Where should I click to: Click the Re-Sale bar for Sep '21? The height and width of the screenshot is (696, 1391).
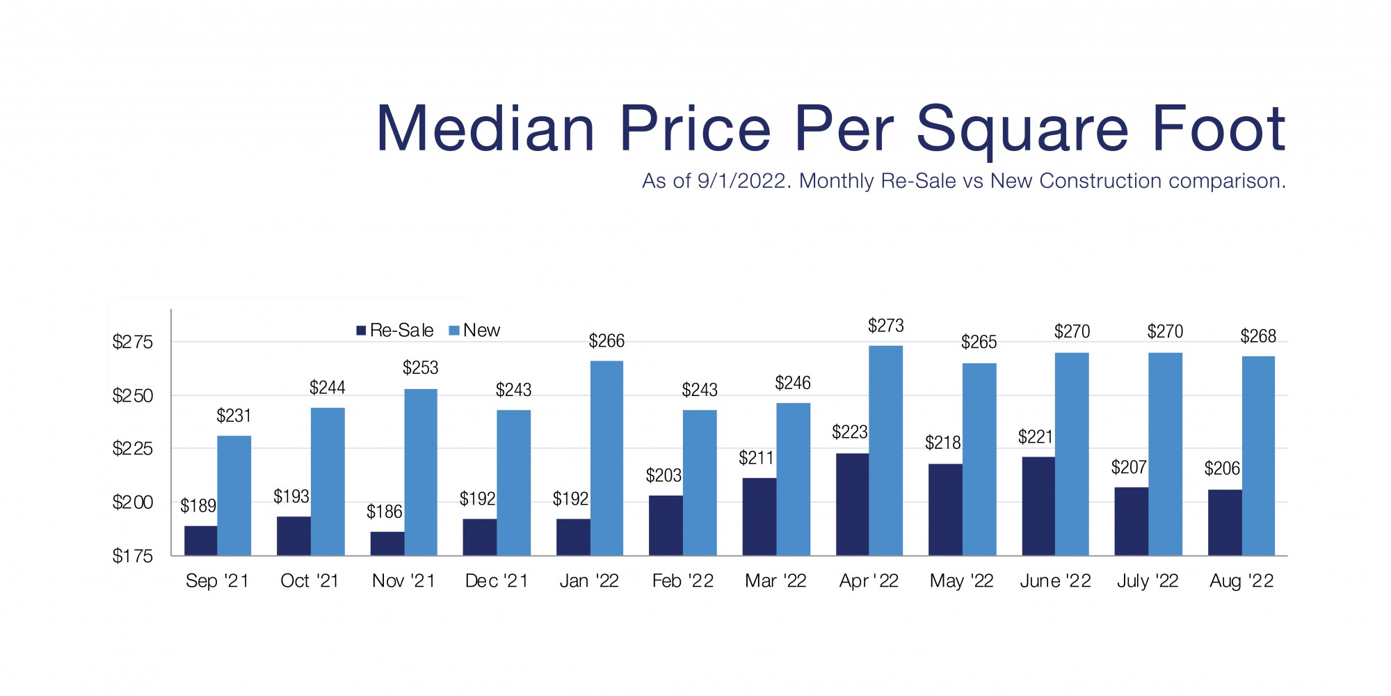point(200,541)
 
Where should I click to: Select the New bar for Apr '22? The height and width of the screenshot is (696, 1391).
point(886,450)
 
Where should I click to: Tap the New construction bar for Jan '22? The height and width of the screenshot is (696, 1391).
point(606,458)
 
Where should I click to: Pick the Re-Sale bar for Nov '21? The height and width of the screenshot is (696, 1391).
point(387,544)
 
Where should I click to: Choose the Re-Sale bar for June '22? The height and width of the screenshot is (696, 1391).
point(1038,506)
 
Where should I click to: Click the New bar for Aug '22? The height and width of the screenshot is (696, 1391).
point(1258,456)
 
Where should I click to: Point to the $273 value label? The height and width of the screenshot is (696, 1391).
point(885,326)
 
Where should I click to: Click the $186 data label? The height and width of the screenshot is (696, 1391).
point(385,512)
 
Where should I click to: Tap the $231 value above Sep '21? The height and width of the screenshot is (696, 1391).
point(234,416)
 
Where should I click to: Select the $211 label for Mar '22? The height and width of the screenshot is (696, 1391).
point(756,458)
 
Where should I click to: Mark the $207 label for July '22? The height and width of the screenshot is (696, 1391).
point(1129,467)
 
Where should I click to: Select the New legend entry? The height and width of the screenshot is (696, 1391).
point(475,331)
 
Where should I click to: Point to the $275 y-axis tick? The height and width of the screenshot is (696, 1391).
point(132,342)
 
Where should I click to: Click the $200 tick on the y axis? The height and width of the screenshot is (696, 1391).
point(132,503)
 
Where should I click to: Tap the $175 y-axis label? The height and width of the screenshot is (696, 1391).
point(132,556)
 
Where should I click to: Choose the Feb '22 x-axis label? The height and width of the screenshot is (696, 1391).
point(683,581)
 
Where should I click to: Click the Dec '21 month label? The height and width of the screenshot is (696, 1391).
point(497,581)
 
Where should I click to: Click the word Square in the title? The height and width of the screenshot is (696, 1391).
point(1022,130)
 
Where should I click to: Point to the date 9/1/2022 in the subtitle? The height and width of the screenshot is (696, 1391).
point(743,182)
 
